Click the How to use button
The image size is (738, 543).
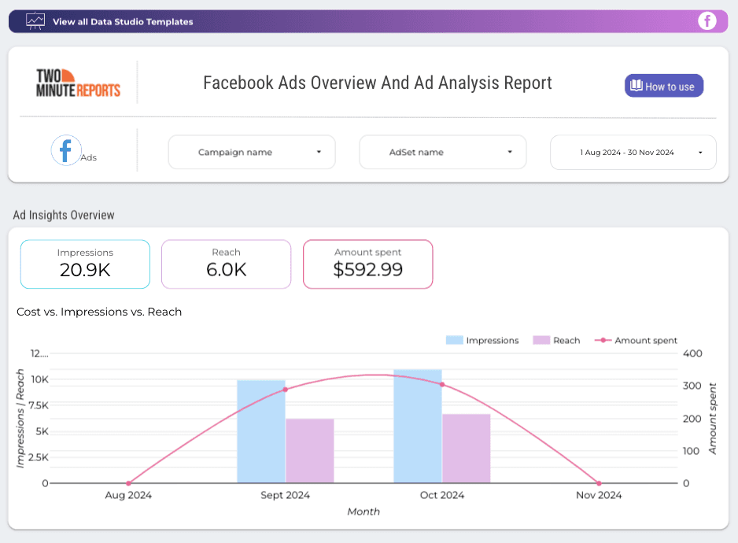(x=664, y=87)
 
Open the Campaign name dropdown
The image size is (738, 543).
(x=252, y=152)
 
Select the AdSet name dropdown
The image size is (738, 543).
(x=442, y=152)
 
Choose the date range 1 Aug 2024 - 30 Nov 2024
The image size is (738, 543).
(x=633, y=152)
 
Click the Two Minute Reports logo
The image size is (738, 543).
(x=78, y=83)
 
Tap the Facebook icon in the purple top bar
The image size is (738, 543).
(x=707, y=21)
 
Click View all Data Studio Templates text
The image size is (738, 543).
(x=123, y=22)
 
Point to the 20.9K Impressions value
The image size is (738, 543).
(x=85, y=270)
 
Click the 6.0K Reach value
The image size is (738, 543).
(x=226, y=270)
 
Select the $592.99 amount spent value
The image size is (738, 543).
(x=367, y=270)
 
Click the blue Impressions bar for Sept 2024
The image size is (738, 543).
(x=260, y=433)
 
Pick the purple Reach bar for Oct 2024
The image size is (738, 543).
(x=466, y=449)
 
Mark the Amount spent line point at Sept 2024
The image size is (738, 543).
(x=285, y=390)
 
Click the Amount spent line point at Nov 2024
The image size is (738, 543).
(x=599, y=483)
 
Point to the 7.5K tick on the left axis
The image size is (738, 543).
(x=39, y=405)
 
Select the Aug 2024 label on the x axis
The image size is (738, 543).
(x=128, y=495)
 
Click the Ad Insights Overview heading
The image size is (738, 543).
(x=64, y=215)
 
